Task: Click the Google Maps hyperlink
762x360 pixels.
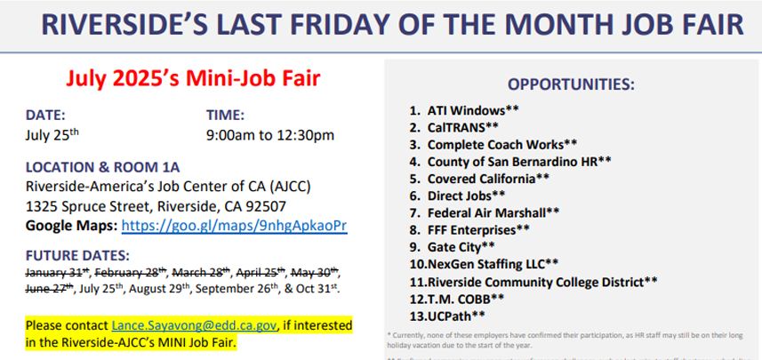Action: click(234, 226)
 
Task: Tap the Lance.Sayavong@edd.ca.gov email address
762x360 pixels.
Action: click(194, 325)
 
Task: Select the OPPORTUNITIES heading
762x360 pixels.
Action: click(571, 84)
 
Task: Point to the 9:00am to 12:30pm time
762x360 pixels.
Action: click(269, 135)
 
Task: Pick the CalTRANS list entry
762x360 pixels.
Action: click(459, 127)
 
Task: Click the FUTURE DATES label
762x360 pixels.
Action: click(77, 254)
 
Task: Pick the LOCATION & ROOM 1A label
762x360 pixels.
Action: click(102, 167)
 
